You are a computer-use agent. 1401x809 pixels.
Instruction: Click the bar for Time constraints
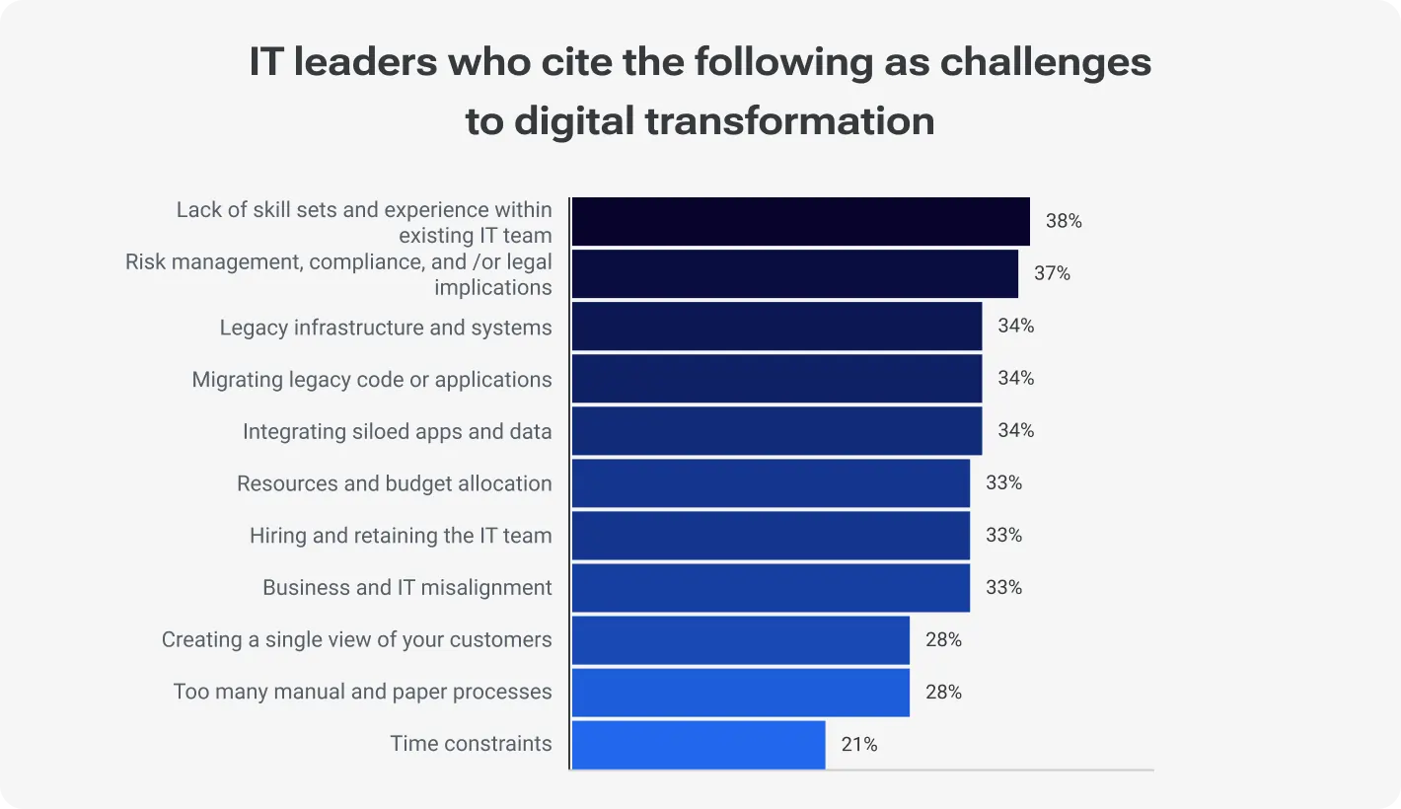pos(699,745)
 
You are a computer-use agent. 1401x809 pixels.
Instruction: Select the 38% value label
pos(1064,221)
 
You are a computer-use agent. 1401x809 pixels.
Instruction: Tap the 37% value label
pos(1052,273)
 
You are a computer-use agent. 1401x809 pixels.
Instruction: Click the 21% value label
pos(859,745)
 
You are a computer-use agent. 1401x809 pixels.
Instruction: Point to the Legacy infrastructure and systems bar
pos(776,326)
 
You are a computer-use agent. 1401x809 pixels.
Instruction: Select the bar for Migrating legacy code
pos(776,378)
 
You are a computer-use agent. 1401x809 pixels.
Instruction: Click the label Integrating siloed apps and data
pos(397,431)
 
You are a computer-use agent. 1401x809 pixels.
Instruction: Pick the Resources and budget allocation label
pos(394,483)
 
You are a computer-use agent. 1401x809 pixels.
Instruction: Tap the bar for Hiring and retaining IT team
pos(771,536)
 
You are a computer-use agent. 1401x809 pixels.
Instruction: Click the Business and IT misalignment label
pos(406,588)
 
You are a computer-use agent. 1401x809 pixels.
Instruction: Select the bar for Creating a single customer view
pos(740,640)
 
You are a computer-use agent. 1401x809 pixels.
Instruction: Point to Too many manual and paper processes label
pos(362,692)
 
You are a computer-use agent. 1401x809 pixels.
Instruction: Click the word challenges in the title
pos(1045,62)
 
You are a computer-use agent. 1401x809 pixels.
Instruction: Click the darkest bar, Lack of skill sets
pos(800,221)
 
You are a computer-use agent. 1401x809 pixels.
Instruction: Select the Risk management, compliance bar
pos(794,273)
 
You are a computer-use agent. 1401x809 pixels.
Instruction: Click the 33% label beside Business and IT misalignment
pos(1003,588)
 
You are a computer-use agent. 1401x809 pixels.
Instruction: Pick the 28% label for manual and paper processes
pos(943,692)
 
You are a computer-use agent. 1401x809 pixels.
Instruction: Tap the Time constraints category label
pos(471,744)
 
